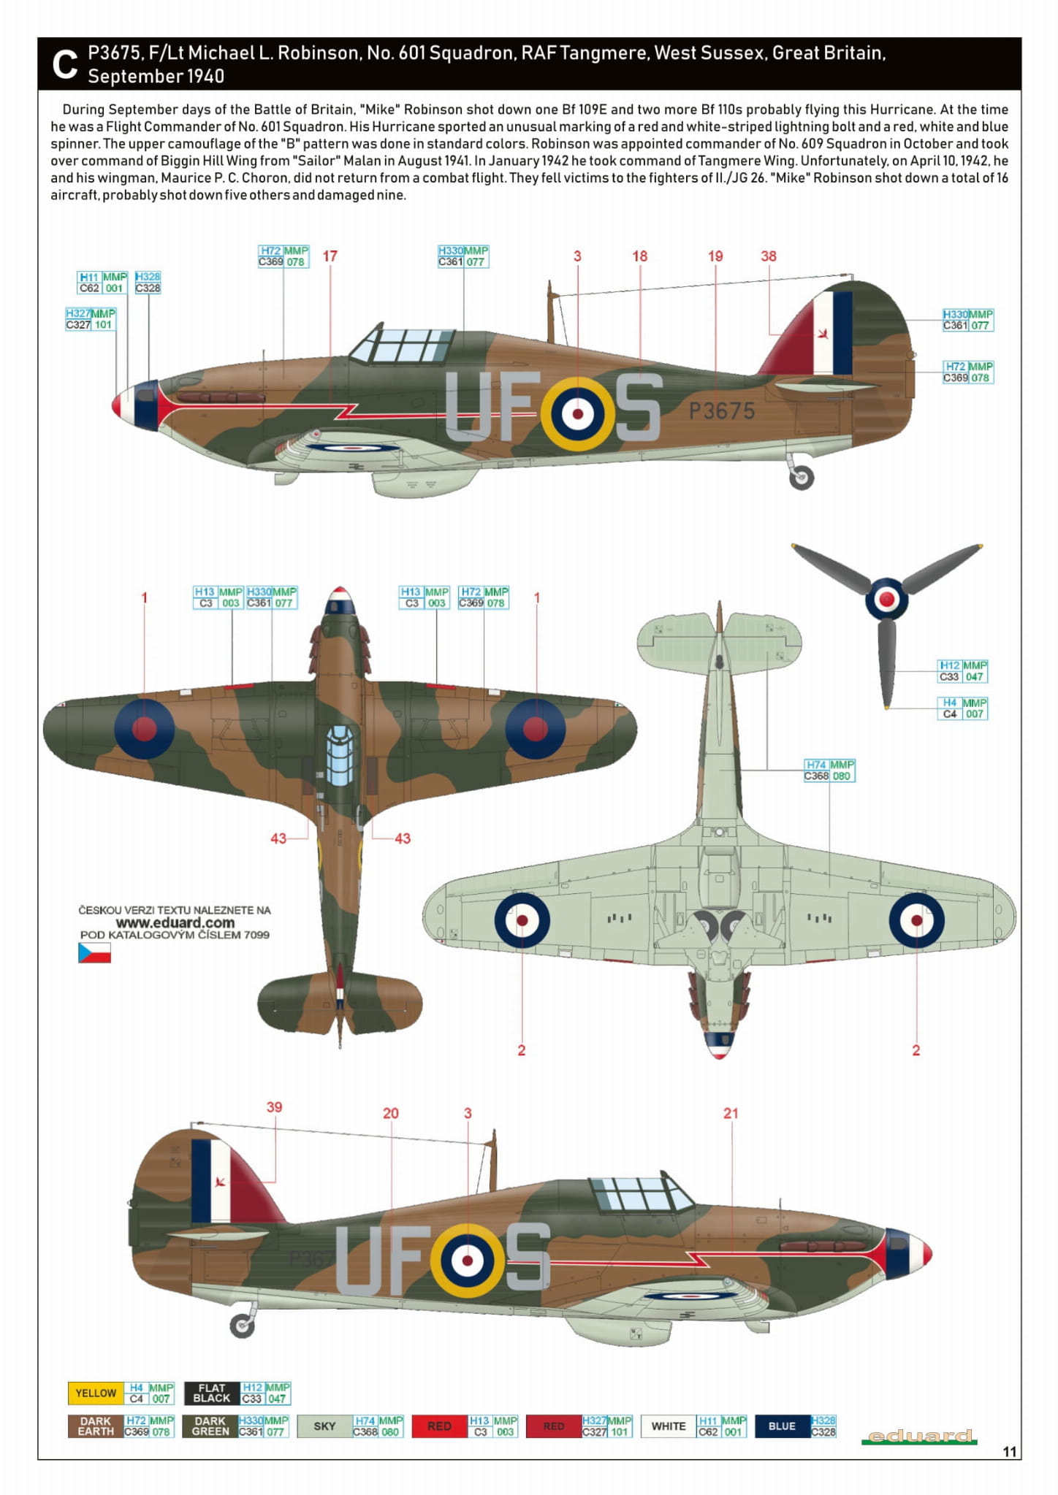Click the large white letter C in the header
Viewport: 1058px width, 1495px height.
tap(65, 64)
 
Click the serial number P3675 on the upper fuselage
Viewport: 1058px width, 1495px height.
tap(722, 410)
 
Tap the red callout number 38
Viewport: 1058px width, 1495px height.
tap(769, 256)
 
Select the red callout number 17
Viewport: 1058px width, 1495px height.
tap(330, 256)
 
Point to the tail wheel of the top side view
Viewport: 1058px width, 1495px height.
tap(802, 478)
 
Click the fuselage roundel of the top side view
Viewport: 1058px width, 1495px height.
tap(578, 414)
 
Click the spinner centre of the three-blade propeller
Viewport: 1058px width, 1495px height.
tap(886, 600)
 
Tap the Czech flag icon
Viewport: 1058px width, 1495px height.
tap(94, 952)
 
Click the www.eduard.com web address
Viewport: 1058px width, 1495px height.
tap(175, 922)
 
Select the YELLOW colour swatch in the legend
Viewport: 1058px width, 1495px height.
tap(96, 1393)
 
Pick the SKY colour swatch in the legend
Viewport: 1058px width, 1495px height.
tap(324, 1426)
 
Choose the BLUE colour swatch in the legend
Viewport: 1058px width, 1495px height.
tap(782, 1426)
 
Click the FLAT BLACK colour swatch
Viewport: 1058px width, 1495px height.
tap(212, 1393)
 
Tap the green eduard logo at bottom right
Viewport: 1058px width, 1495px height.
tap(919, 1437)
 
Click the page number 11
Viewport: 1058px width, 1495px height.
tap(1009, 1451)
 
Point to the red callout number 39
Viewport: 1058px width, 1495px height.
tap(274, 1107)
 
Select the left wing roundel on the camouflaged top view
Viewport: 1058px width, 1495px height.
tap(145, 728)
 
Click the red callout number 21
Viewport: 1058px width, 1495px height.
tap(731, 1114)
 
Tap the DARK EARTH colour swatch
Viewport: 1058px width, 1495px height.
tap(96, 1426)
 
